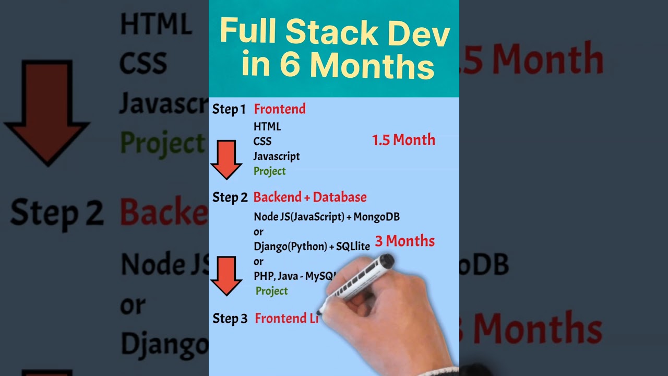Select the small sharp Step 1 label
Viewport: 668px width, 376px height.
[229, 109]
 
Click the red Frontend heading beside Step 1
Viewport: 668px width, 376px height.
[280, 109]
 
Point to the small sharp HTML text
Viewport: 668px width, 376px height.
[267, 126]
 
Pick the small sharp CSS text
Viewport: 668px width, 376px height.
[263, 141]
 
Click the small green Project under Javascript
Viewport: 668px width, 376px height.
[269, 171]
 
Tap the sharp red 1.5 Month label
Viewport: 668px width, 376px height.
[403, 140]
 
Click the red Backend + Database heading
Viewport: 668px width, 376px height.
[310, 197]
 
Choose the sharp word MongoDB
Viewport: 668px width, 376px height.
[376, 216]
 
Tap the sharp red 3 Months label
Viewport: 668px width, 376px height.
[404, 241]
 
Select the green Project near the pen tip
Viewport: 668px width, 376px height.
[271, 291]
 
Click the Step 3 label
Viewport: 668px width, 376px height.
[230, 319]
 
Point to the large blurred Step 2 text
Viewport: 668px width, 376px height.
[56, 213]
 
